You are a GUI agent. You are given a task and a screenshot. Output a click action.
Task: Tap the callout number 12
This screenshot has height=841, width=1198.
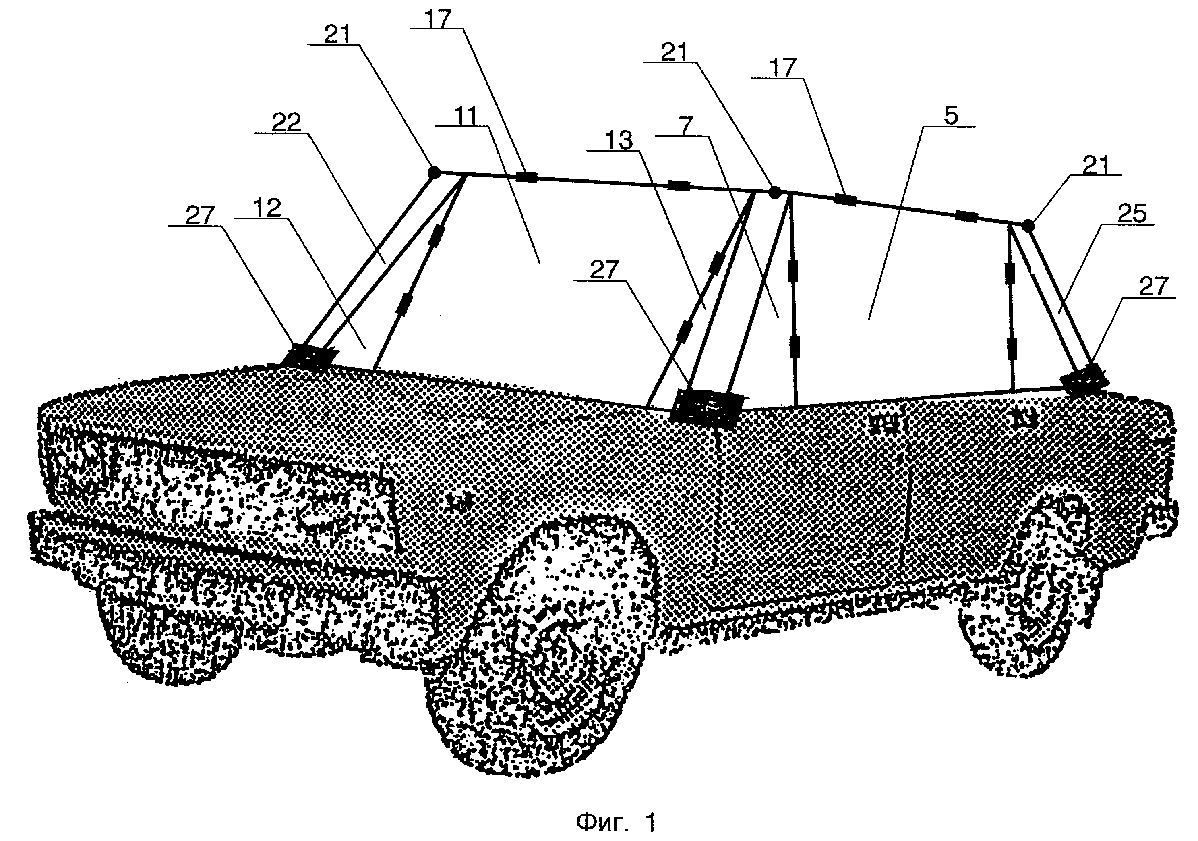[x=267, y=208]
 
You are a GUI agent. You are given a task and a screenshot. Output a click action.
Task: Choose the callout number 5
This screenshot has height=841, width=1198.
[x=951, y=115]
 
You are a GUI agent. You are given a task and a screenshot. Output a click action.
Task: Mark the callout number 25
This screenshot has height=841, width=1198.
[x=1131, y=214]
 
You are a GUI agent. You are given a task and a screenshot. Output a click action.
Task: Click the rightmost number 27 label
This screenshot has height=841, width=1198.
[x=1153, y=287]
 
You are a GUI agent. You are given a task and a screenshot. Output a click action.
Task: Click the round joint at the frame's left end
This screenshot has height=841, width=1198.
[x=434, y=171]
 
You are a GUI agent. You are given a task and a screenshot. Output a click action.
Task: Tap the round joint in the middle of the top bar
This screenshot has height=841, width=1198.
[x=775, y=193]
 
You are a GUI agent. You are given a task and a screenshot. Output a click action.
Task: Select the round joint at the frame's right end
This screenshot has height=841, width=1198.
[x=1027, y=226]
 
